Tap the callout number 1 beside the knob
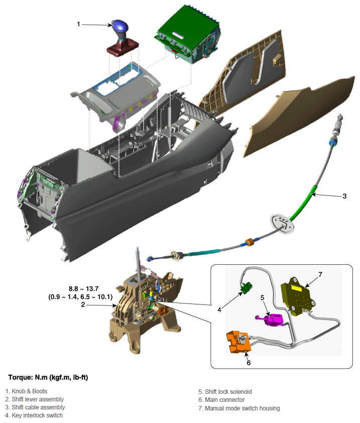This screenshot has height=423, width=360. [78, 24]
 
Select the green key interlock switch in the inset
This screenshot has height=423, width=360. [246, 287]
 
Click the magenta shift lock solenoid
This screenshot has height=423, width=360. [271, 320]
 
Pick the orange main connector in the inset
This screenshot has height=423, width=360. [238, 342]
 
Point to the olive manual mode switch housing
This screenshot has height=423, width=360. [298, 296]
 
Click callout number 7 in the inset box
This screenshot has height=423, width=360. [320, 274]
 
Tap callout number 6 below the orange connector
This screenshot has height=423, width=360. [249, 363]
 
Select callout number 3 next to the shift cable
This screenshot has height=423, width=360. [344, 196]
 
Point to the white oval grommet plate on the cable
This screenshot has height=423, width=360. [282, 223]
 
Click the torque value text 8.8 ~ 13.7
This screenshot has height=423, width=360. [83, 289]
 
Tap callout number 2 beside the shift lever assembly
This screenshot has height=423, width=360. [83, 304]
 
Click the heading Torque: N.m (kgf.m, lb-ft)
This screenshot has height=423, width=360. [48, 377]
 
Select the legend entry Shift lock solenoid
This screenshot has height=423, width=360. [225, 392]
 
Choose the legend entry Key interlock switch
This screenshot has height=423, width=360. [34, 415]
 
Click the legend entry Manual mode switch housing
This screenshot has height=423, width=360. [239, 408]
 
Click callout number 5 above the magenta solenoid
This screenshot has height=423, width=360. [262, 297]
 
